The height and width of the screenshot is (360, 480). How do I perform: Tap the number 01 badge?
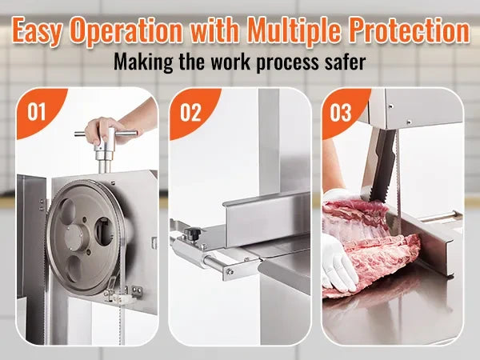pos(37,112)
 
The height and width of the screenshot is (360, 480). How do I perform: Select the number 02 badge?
pos(190,113)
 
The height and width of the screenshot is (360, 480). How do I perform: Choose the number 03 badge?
pos(341,113)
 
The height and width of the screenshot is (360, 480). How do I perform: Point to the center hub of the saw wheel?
pos(74,236)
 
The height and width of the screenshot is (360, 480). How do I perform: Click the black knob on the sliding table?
pos(193,234)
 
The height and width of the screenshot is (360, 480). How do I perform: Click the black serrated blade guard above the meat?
pos(382,165)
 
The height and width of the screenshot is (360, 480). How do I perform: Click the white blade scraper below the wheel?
pos(124,298)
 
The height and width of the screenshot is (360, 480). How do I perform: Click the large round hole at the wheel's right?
pos(104,231)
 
